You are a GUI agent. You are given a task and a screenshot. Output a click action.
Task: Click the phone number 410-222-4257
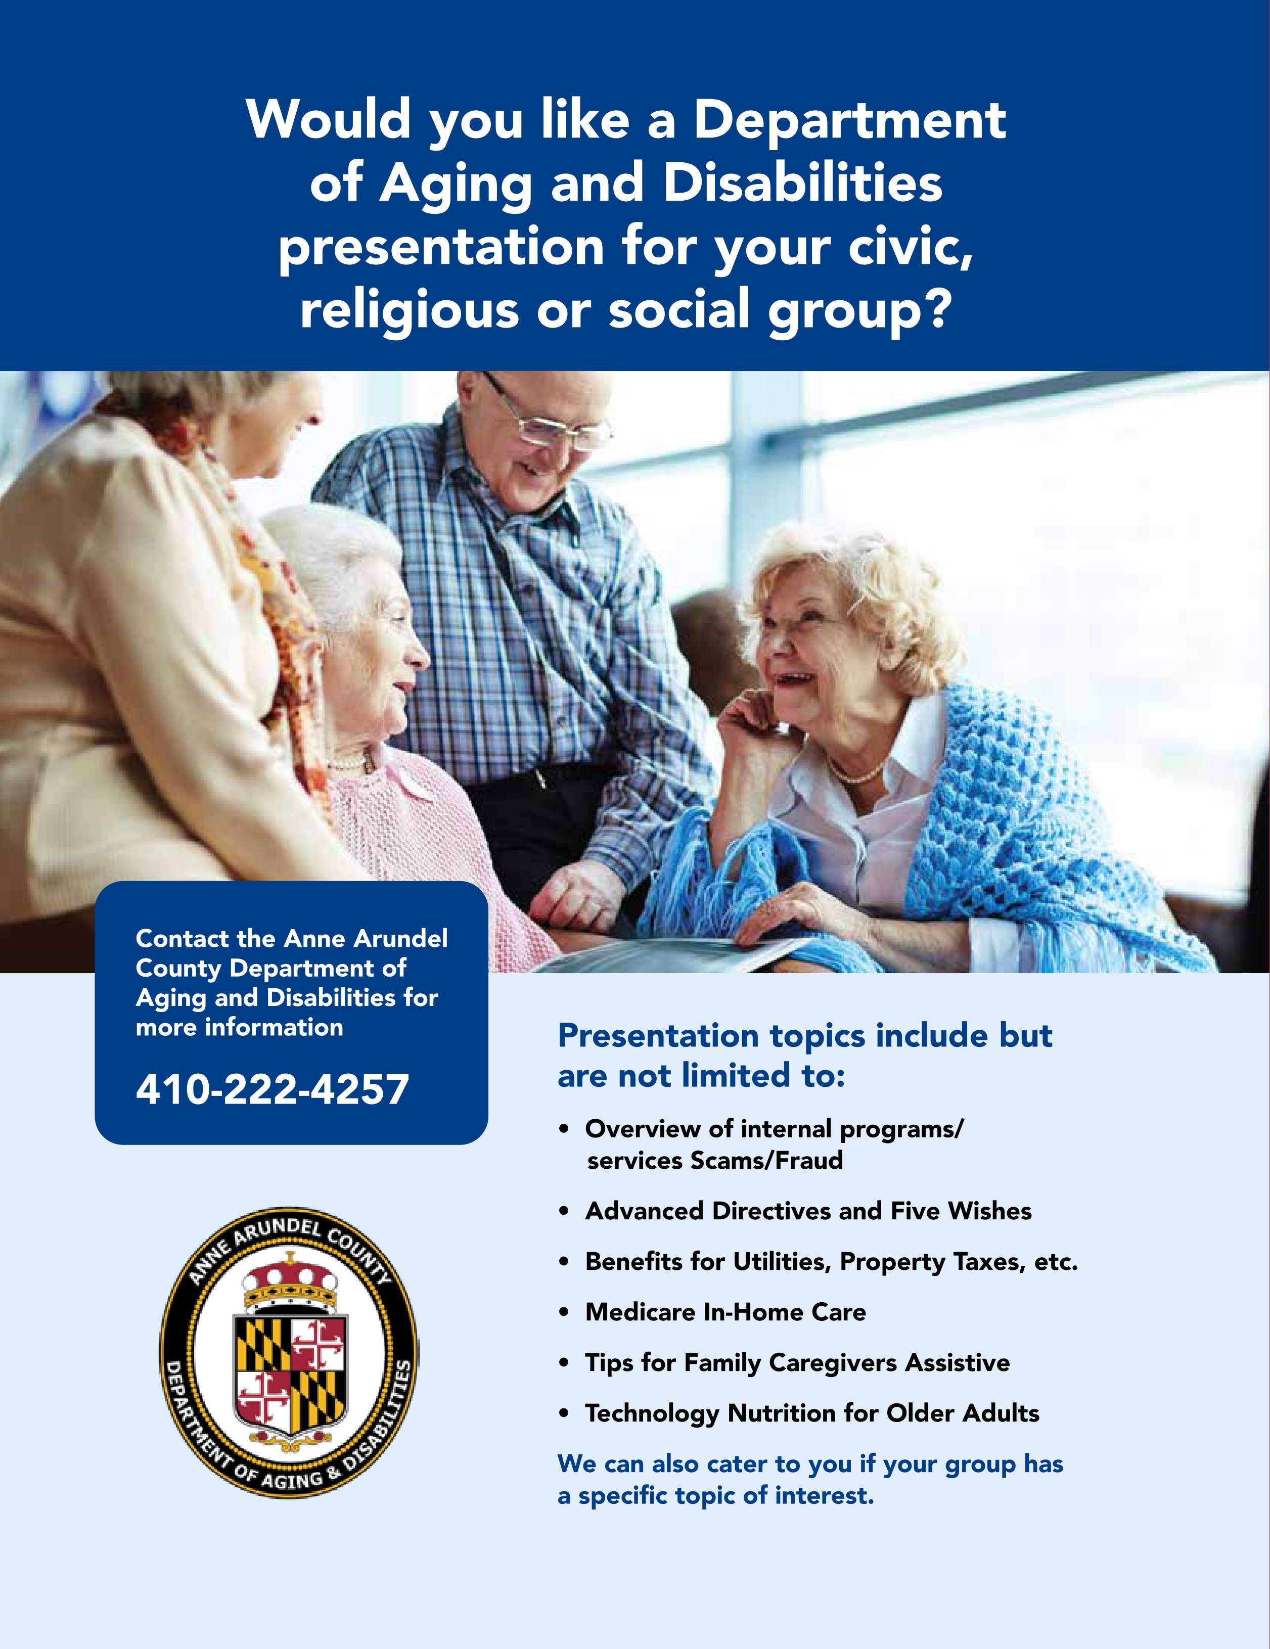pos(272,1089)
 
